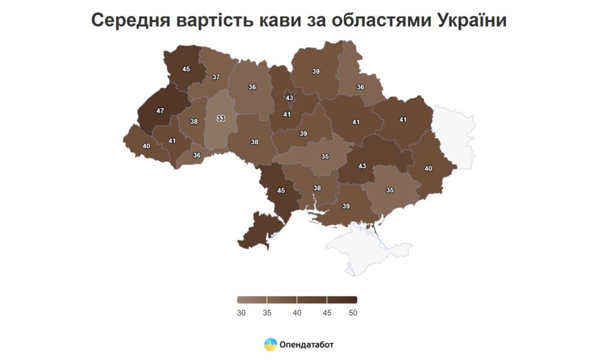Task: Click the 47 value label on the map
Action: [160, 111]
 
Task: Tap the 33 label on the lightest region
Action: [221, 118]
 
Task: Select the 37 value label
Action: [216, 77]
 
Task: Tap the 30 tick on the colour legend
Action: [241, 313]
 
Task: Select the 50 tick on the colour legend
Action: [352, 313]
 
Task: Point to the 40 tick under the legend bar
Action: [297, 313]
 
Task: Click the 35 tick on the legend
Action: [267, 313]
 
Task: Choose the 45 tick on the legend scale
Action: [327, 313]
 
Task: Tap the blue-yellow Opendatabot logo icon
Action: [271, 344]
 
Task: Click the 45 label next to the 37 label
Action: [186, 69]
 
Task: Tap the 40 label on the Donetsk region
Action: [428, 169]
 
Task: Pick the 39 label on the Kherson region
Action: [346, 206]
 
